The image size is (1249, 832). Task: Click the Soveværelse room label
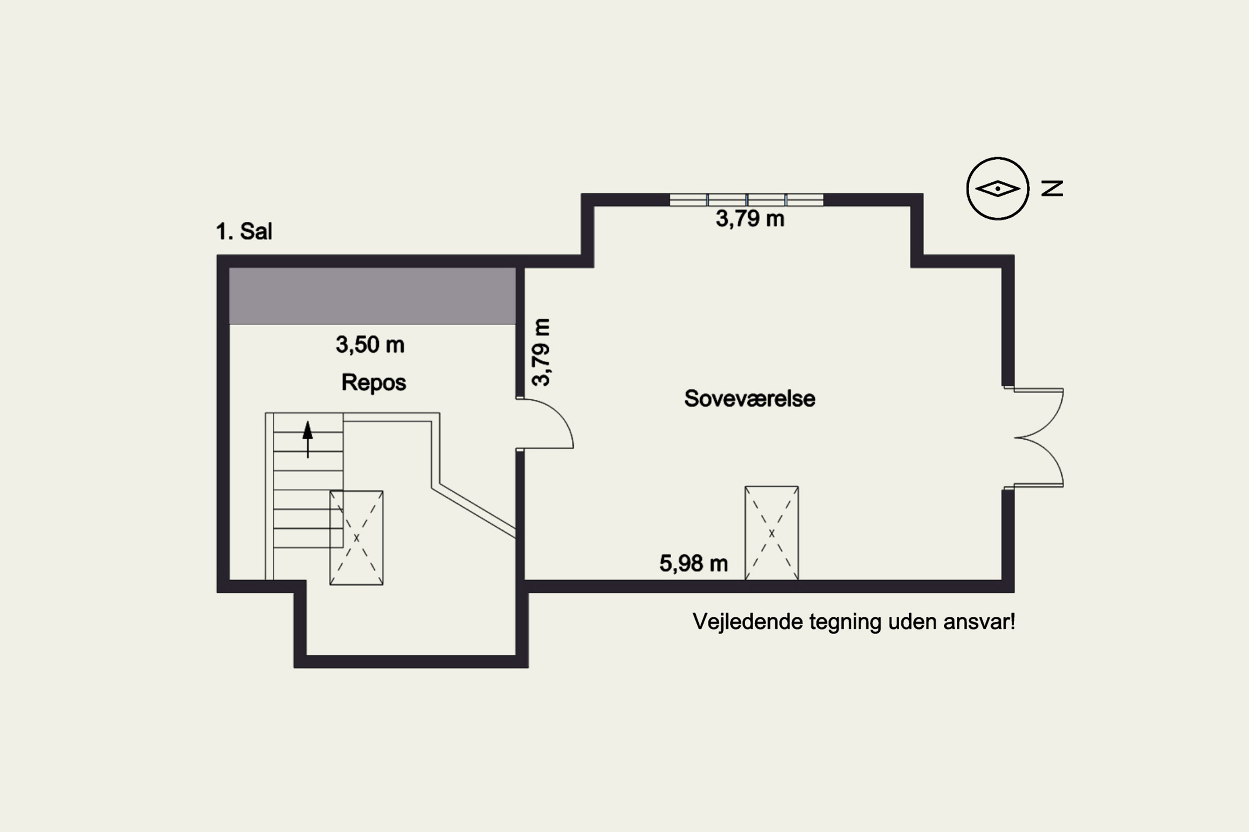pyautogui.click(x=749, y=399)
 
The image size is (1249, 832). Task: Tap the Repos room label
pyautogui.click(x=373, y=382)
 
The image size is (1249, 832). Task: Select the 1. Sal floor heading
pyautogui.click(x=244, y=231)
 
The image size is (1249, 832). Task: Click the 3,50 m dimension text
pyautogui.click(x=370, y=345)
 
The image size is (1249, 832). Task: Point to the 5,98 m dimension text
pyautogui.click(x=693, y=563)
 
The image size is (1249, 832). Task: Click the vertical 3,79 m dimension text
pyautogui.click(x=541, y=352)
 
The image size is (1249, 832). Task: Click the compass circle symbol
pyautogui.click(x=997, y=188)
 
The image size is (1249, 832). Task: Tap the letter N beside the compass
pyautogui.click(x=1052, y=188)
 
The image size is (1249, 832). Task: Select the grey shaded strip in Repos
pyautogui.click(x=372, y=295)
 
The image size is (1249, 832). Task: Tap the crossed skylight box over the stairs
pyautogui.click(x=356, y=537)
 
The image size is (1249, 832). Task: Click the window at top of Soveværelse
pyautogui.click(x=746, y=200)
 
